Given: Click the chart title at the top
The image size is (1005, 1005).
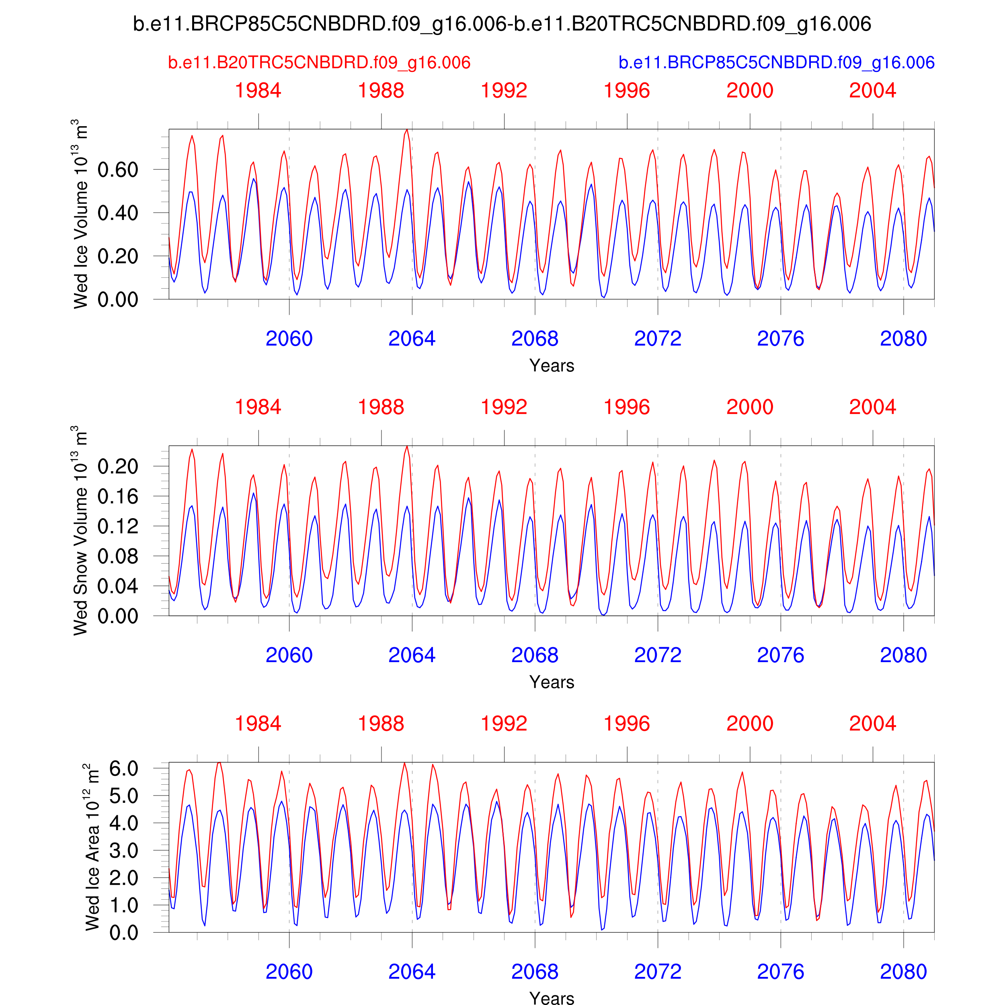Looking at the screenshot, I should tap(502, 24).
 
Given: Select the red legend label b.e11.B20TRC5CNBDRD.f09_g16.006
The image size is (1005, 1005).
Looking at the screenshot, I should tap(319, 63).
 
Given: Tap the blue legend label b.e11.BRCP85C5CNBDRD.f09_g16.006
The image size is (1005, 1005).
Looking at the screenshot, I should tap(776, 63).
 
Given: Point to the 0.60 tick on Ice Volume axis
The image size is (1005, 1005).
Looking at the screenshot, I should tap(118, 170).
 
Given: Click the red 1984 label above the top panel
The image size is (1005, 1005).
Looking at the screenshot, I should tap(258, 91).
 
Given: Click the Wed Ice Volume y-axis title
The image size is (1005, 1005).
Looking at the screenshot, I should tap(81, 214).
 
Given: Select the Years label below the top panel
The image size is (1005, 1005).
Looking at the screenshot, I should tap(552, 366).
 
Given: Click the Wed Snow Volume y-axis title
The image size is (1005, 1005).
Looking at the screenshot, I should tap(81, 531).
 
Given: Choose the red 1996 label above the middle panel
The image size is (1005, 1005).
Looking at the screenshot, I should tap(627, 407).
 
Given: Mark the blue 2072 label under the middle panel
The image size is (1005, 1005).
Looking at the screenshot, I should tap(658, 655).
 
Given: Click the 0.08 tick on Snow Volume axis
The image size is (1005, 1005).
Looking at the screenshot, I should tap(118, 557).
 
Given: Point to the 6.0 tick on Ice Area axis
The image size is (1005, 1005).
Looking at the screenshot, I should tap(124, 769).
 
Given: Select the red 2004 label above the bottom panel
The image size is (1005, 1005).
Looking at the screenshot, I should tap(872, 724).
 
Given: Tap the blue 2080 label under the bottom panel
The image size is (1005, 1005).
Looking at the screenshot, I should tap(904, 972).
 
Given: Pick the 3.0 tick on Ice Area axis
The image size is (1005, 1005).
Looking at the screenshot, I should tap(124, 851).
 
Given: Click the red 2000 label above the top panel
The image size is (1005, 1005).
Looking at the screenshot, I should tap(750, 91).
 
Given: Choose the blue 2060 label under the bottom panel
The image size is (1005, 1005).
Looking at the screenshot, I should tap(289, 972).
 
